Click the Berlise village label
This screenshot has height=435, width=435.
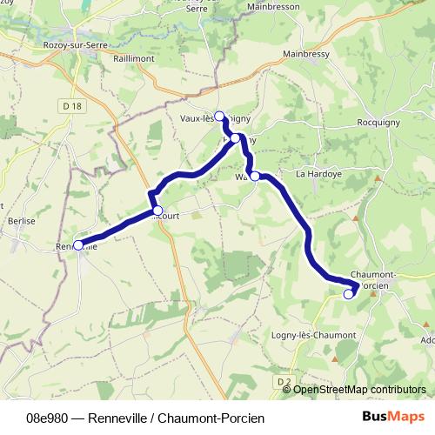point(21,221)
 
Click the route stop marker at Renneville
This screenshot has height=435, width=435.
point(78,245)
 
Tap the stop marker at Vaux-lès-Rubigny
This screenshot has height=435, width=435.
point(219,115)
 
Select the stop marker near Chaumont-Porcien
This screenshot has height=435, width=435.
point(349,294)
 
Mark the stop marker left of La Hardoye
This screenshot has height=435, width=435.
point(256,177)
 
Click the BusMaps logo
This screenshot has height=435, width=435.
point(393,418)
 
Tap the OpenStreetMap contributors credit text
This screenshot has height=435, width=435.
point(359,389)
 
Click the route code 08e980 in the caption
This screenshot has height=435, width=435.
point(45,418)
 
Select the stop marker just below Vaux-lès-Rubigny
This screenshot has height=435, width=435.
point(236,137)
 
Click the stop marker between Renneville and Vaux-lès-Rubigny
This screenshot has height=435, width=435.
point(157,210)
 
